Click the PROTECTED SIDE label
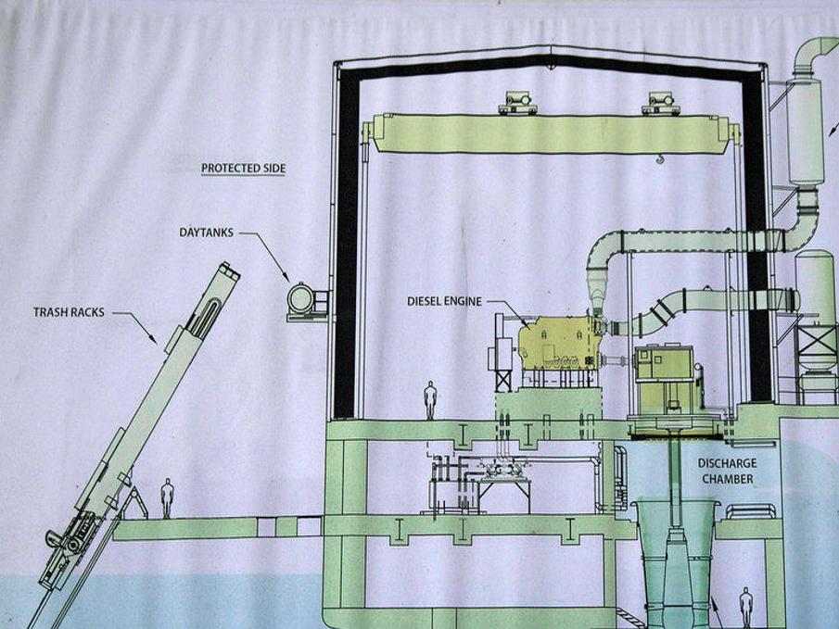[x=243, y=169]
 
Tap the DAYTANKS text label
[x=206, y=232]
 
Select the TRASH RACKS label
[x=70, y=312]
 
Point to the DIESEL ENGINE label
[x=444, y=301]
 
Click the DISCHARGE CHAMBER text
[x=728, y=471]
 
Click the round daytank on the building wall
[x=301, y=298]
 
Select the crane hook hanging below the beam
[x=659, y=165]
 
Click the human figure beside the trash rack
[x=167, y=497]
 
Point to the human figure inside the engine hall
[x=430, y=399]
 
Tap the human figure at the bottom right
[x=745, y=606]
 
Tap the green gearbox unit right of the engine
[x=664, y=364]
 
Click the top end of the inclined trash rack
[x=227, y=270]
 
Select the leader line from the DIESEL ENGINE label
[x=506, y=305]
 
